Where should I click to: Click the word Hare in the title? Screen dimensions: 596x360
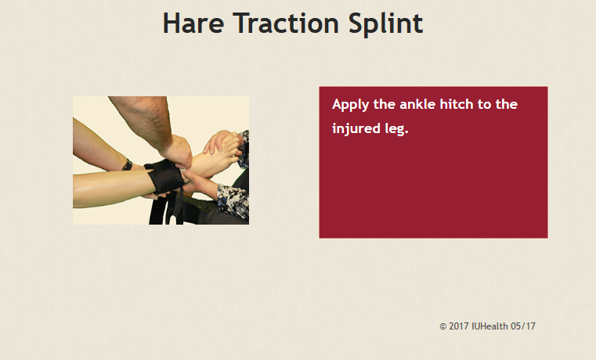[x=193, y=23]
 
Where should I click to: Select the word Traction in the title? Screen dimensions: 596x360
[x=286, y=23]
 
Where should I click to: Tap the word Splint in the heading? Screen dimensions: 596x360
[x=385, y=25]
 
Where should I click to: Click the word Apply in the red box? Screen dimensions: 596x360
[x=350, y=105]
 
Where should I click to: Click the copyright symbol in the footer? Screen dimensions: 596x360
[x=442, y=326]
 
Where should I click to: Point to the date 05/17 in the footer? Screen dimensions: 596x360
[x=523, y=326]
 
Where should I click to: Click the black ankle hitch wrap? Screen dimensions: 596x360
[x=164, y=178]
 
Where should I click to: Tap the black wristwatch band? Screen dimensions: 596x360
[x=128, y=165]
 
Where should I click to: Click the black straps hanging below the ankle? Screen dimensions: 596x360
[x=166, y=208]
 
